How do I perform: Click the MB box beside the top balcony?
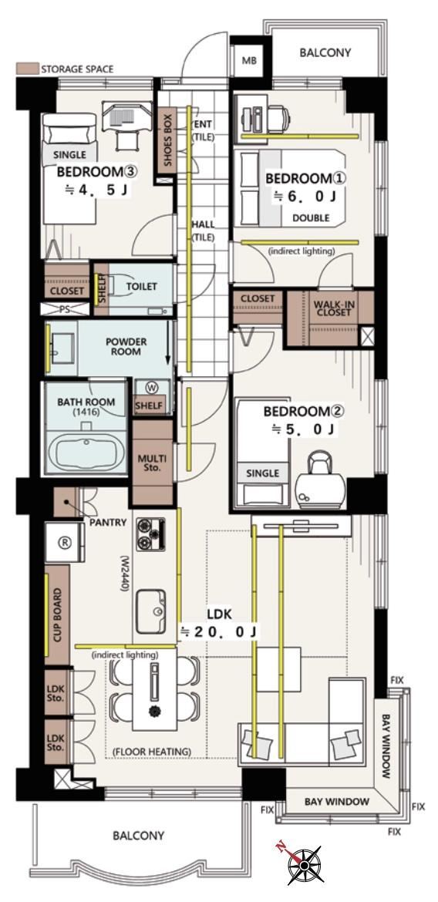(249, 60)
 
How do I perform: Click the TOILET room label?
(141, 286)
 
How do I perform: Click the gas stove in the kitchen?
(151, 533)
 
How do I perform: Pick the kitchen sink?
(151, 611)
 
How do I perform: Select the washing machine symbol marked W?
(152, 386)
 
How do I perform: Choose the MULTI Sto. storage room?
(153, 462)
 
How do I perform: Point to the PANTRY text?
(108, 522)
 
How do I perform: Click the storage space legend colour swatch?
(27, 69)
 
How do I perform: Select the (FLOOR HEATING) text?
(153, 752)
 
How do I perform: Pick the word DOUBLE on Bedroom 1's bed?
(311, 218)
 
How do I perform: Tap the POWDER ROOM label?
(126, 346)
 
